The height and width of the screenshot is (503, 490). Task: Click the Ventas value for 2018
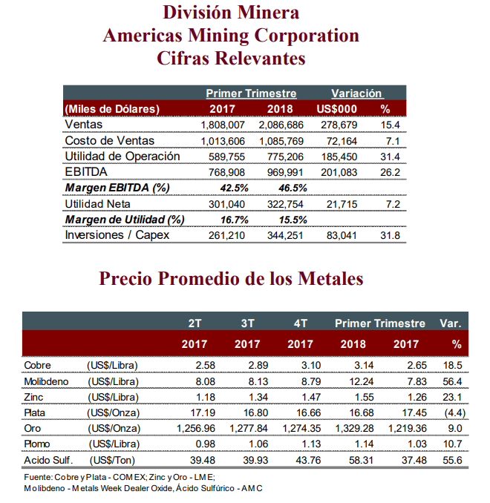(281, 125)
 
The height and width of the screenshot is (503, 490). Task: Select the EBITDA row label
(86, 172)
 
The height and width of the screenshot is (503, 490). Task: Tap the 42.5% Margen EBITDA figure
(234, 188)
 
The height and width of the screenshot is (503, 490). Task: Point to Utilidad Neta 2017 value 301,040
(226, 204)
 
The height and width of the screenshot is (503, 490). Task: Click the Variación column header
(356, 93)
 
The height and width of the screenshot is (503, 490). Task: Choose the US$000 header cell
(337, 109)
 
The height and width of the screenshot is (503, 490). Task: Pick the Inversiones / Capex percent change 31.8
(390, 235)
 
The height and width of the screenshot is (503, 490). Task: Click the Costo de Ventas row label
(109, 141)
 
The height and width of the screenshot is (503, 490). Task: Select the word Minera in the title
(268, 13)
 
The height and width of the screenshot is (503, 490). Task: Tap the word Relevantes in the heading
(260, 59)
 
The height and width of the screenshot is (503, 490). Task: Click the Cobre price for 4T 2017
(311, 366)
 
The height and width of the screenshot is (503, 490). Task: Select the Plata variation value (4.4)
(454, 412)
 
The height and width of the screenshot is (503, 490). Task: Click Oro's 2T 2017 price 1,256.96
(196, 429)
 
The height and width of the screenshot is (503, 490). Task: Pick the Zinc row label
(33, 397)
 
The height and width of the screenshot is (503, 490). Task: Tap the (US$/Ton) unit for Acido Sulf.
(112, 460)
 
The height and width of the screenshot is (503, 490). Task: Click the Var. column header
(451, 323)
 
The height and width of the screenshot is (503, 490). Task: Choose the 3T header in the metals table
(247, 323)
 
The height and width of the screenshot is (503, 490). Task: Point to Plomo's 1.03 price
(417, 444)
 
